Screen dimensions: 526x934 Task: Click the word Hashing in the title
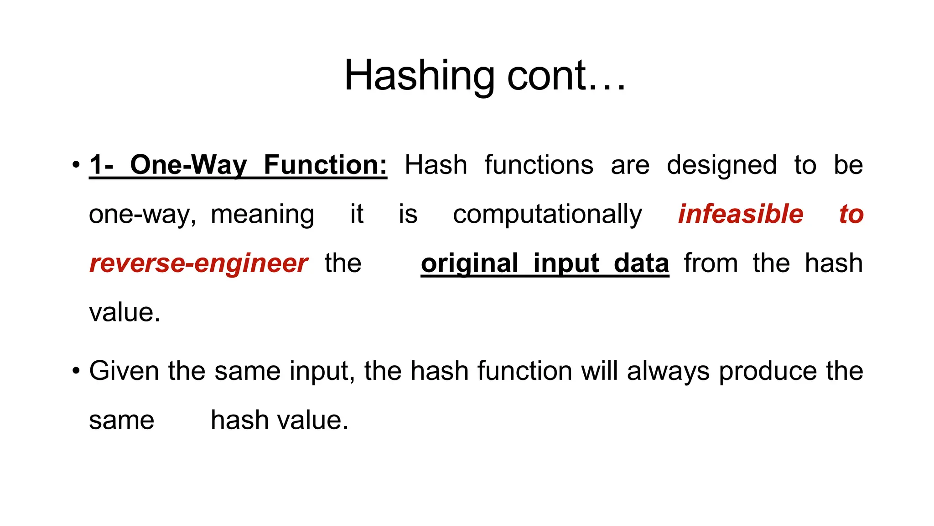[419, 76]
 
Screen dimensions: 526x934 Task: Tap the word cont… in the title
[566, 76]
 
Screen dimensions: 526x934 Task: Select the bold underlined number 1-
[101, 165]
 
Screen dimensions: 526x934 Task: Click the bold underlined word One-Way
[188, 165]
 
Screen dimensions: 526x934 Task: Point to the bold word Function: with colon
[325, 165]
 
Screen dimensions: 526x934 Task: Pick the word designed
[721, 165]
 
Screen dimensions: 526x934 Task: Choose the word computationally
[547, 214]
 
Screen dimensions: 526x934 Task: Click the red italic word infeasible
[741, 214]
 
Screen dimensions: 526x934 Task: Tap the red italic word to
[851, 214]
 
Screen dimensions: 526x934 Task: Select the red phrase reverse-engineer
[198, 263]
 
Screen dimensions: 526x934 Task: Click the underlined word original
[469, 263]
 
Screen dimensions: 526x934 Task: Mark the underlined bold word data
[641, 263]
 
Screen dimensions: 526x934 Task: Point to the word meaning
[262, 214]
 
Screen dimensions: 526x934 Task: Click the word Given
[124, 371]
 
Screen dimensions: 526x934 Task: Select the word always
[668, 371]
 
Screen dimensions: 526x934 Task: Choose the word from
[711, 263]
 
